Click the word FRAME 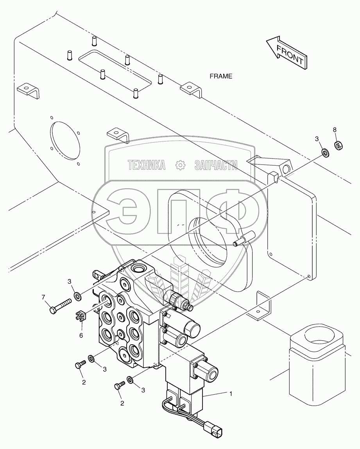(x=221, y=76)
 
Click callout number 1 (x=231, y=394)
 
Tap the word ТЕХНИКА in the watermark (x=147, y=166)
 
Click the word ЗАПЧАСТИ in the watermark (x=216, y=166)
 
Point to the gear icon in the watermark (x=180, y=165)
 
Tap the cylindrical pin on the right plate (x=244, y=242)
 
